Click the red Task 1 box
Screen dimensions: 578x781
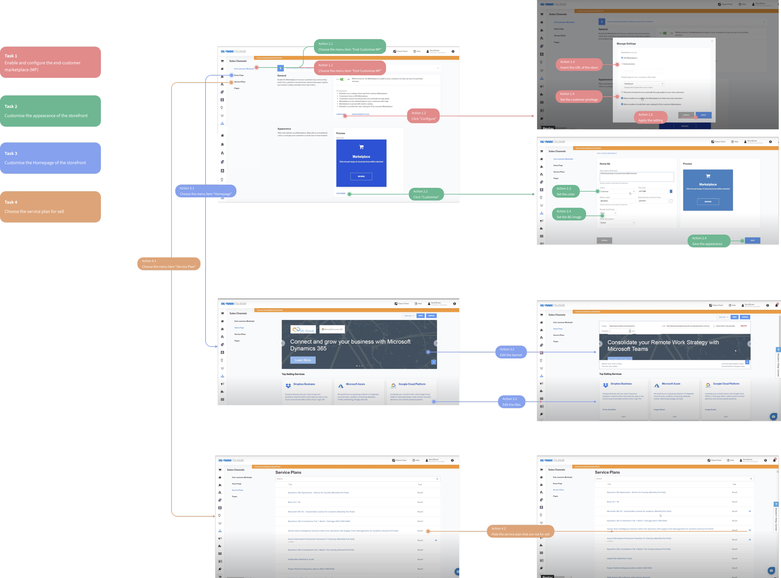coord(51,62)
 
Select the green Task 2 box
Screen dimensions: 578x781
coord(51,111)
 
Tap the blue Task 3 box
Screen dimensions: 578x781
coord(51,158)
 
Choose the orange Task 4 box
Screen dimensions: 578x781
coord(51,207)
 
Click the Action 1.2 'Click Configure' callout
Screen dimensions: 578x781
coord(423,116)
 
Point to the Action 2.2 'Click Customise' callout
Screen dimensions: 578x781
coord(426,194)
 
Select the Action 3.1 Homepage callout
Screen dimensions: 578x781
coord(206,191)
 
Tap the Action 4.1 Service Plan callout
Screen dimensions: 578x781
coord(169,264)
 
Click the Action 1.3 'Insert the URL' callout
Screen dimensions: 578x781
coord(579,65)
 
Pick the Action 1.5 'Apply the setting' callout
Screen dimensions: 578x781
coord(650,118)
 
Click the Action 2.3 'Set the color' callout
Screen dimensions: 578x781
coord(566,191)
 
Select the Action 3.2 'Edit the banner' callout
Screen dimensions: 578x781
coord(511,352)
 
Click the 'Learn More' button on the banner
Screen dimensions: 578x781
coord(303,360)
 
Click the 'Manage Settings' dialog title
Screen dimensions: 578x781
coord(626,44)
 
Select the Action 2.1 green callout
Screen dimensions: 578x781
coord(350,47)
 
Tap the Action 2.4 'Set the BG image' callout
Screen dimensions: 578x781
coord(569,214)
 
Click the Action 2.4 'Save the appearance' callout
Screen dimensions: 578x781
coord(709,241)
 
